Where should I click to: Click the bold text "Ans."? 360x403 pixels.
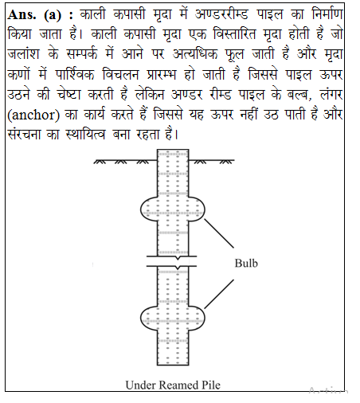click(x=23, y=15)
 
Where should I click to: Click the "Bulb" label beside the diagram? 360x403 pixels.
click(x=245, y=263)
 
